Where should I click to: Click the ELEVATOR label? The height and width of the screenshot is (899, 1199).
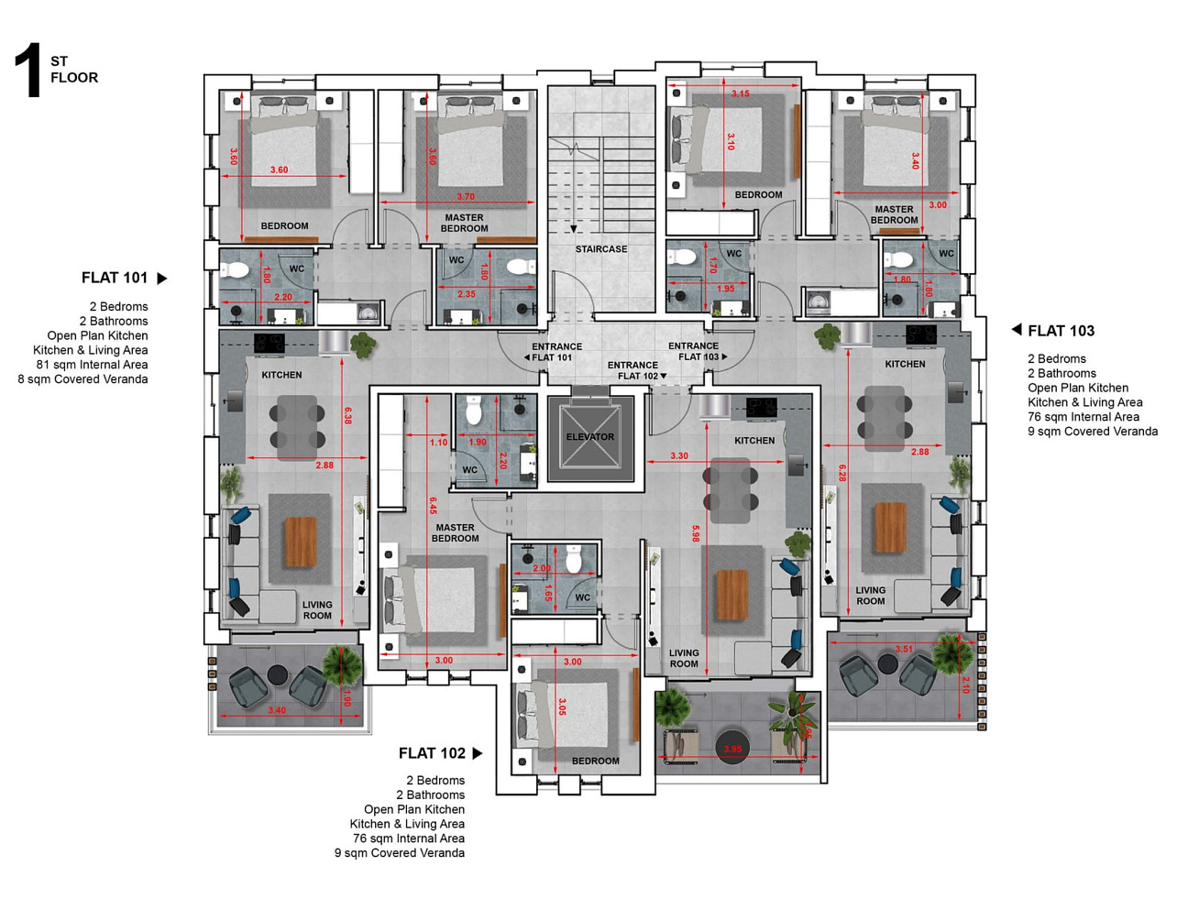pos(590,437)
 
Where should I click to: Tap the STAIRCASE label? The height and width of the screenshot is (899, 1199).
pos(601,249)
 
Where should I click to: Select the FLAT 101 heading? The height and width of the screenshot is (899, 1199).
pos(115,278)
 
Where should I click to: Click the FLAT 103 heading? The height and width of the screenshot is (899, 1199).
pos(1061,331)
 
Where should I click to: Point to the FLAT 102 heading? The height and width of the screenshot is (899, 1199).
pos(432,753)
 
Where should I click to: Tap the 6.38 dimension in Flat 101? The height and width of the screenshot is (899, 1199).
pos(346,415)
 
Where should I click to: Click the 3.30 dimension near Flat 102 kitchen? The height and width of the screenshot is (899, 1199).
pos(679,455)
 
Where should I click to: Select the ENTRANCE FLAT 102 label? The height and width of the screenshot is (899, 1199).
pos(633,370)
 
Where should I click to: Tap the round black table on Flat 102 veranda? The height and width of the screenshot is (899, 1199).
pos(732,748)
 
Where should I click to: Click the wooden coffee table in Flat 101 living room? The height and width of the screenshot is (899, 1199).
pos(301,542)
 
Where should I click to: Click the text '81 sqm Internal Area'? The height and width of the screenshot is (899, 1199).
pos(92,365)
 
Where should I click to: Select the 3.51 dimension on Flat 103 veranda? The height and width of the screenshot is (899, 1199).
pos(904,649)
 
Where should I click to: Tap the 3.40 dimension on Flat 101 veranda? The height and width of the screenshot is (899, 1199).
pos(277,710)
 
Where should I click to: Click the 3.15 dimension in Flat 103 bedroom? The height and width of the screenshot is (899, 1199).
pos(741,93)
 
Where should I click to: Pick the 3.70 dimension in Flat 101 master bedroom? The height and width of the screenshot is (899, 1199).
pos(466,196)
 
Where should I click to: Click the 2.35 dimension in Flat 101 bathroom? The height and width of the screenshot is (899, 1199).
pos(467,295)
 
